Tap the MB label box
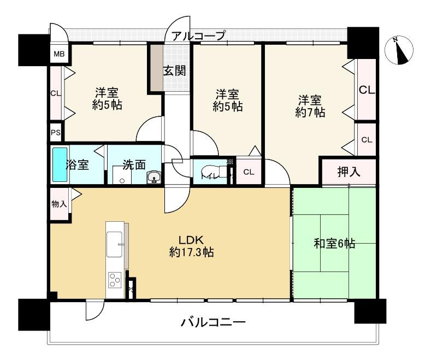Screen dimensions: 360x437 coord(58,54)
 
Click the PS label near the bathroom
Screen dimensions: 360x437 coord(56,133)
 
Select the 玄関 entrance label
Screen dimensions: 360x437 coord(174,70)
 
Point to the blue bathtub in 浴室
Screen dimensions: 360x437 coord(58,165)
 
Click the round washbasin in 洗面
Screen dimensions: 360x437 coord(154,177)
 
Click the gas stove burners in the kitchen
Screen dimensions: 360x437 coord(115,280)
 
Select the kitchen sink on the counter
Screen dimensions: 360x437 coord(115,243)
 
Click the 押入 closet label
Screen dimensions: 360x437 coord(349,172)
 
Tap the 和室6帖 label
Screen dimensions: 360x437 coord(334,244)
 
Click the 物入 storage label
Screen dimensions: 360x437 coord(59,204)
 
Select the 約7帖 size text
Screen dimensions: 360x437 coord(310,113)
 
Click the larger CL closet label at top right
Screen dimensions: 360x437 coord(367,90)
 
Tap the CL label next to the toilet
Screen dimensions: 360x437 coord(249,172)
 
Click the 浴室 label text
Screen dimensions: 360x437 coord(78,165)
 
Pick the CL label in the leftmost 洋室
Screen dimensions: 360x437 coord(56,93)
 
